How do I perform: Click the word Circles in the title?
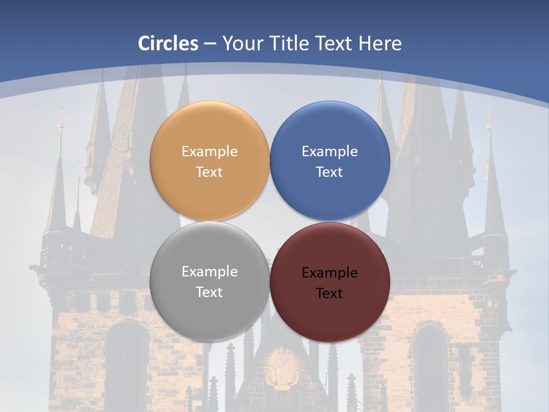[168, 43]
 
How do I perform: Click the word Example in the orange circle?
[209, 152]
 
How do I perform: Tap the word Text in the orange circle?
[209, 172]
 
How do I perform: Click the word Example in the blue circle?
[330, 152]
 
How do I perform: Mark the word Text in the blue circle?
[330, 172]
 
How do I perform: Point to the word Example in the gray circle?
[209, 272]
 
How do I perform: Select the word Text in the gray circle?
[209, 292]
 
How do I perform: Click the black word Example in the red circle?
[330, 273]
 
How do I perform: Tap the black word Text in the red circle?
[330, 294]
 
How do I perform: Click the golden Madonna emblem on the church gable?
[281, 367]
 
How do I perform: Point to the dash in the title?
[210, 44]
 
